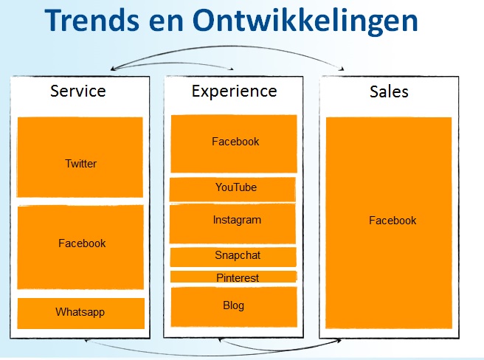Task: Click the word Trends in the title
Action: [x=92, y=21]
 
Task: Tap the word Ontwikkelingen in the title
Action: [x=305, y=22]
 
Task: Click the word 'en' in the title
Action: [x=166, y=23]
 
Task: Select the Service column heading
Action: [x=78, y=91]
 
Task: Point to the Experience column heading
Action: [x=235, y=91]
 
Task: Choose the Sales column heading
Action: [x=389, y=91]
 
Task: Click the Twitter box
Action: [x=80, y=157]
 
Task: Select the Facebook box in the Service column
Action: [x=80, y=247]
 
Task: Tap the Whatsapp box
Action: [x=81, y=314]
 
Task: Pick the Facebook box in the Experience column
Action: [x=234, y=144]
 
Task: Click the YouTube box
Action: [x=232, y=190]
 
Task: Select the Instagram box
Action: [x=232, y=224]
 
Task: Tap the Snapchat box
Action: [x=233, y=257]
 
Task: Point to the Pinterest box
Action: [x=234, y=277]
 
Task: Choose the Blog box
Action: [x=234, y=307]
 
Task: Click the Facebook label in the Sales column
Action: [x=393, y=221]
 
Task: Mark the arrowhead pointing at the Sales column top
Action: [x=342, y=69]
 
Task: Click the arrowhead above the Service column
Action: [x=113, y=68]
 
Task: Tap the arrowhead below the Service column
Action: [x=87, y=340]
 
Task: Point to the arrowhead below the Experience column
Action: [x=221, y=340]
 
